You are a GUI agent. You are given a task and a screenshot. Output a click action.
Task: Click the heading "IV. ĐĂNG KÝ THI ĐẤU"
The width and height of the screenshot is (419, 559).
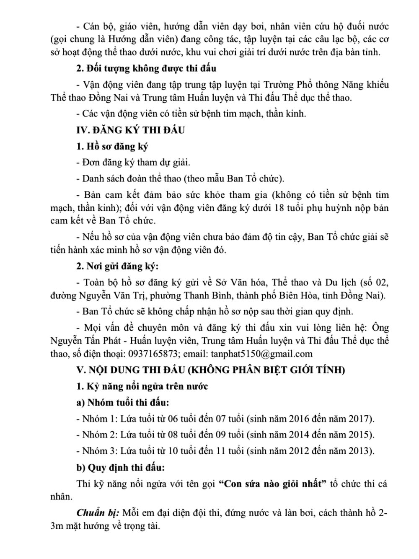tap(130, 130)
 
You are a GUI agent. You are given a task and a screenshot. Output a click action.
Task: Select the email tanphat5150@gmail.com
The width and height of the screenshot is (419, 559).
tap(262, 354)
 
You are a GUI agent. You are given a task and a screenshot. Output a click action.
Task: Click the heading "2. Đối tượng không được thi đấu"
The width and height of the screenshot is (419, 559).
tap(146, 68)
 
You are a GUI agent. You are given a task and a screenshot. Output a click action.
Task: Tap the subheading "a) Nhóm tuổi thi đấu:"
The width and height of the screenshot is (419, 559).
tap(122, 403)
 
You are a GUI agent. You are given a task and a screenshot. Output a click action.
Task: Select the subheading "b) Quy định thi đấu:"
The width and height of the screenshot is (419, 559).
tap(120, 467)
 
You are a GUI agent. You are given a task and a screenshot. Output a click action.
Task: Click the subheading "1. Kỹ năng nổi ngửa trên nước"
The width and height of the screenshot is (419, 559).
tap(142, 386)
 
